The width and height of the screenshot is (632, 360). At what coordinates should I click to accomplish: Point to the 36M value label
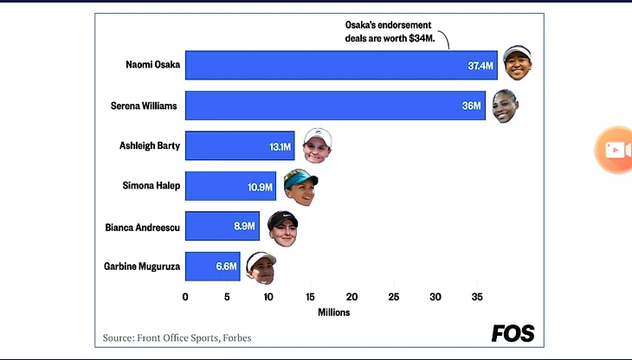[x=471, y=106]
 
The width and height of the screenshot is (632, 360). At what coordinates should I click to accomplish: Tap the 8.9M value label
[x=245, y=226]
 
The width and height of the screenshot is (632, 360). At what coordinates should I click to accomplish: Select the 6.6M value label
[x=226, y=267]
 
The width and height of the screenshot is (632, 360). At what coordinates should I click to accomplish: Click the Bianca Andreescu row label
[x=143, y=227]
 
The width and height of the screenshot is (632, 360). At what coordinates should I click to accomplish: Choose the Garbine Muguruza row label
[x=142, y=267]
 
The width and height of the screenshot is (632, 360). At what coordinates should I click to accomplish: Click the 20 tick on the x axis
[x=351, y=297]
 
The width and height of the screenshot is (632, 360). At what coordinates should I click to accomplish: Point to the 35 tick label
[x=476, y=297]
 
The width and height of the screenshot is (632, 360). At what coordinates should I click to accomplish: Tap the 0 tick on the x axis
[x=185, y=297]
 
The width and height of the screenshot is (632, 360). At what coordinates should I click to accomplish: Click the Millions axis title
[x=333, y=312]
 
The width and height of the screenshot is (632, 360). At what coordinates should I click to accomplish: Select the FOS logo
[x=513, y=333]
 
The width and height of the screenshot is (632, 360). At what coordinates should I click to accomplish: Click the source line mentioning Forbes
[x=177, y=337]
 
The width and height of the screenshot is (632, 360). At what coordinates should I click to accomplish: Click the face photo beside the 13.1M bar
[x=317, y=145]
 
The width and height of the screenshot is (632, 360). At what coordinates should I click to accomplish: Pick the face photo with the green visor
[x=300, y=186]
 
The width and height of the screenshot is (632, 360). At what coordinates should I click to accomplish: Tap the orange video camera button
[x=616, y=150]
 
